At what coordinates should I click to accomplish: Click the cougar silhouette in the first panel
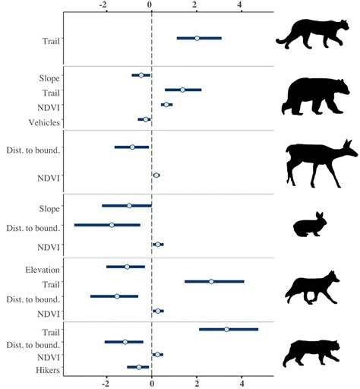(x=308, y=36)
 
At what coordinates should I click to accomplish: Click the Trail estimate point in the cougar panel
(x=197, y=37)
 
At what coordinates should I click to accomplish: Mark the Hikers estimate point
(x=138, y=367)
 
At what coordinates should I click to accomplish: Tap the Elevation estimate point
(x=127, y=267)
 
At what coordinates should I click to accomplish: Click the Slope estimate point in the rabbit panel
(x=129, y=205)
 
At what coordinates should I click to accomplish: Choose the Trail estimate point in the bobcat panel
(x=226, y=329)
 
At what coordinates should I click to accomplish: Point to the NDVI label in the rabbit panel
(x=49, y=247)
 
